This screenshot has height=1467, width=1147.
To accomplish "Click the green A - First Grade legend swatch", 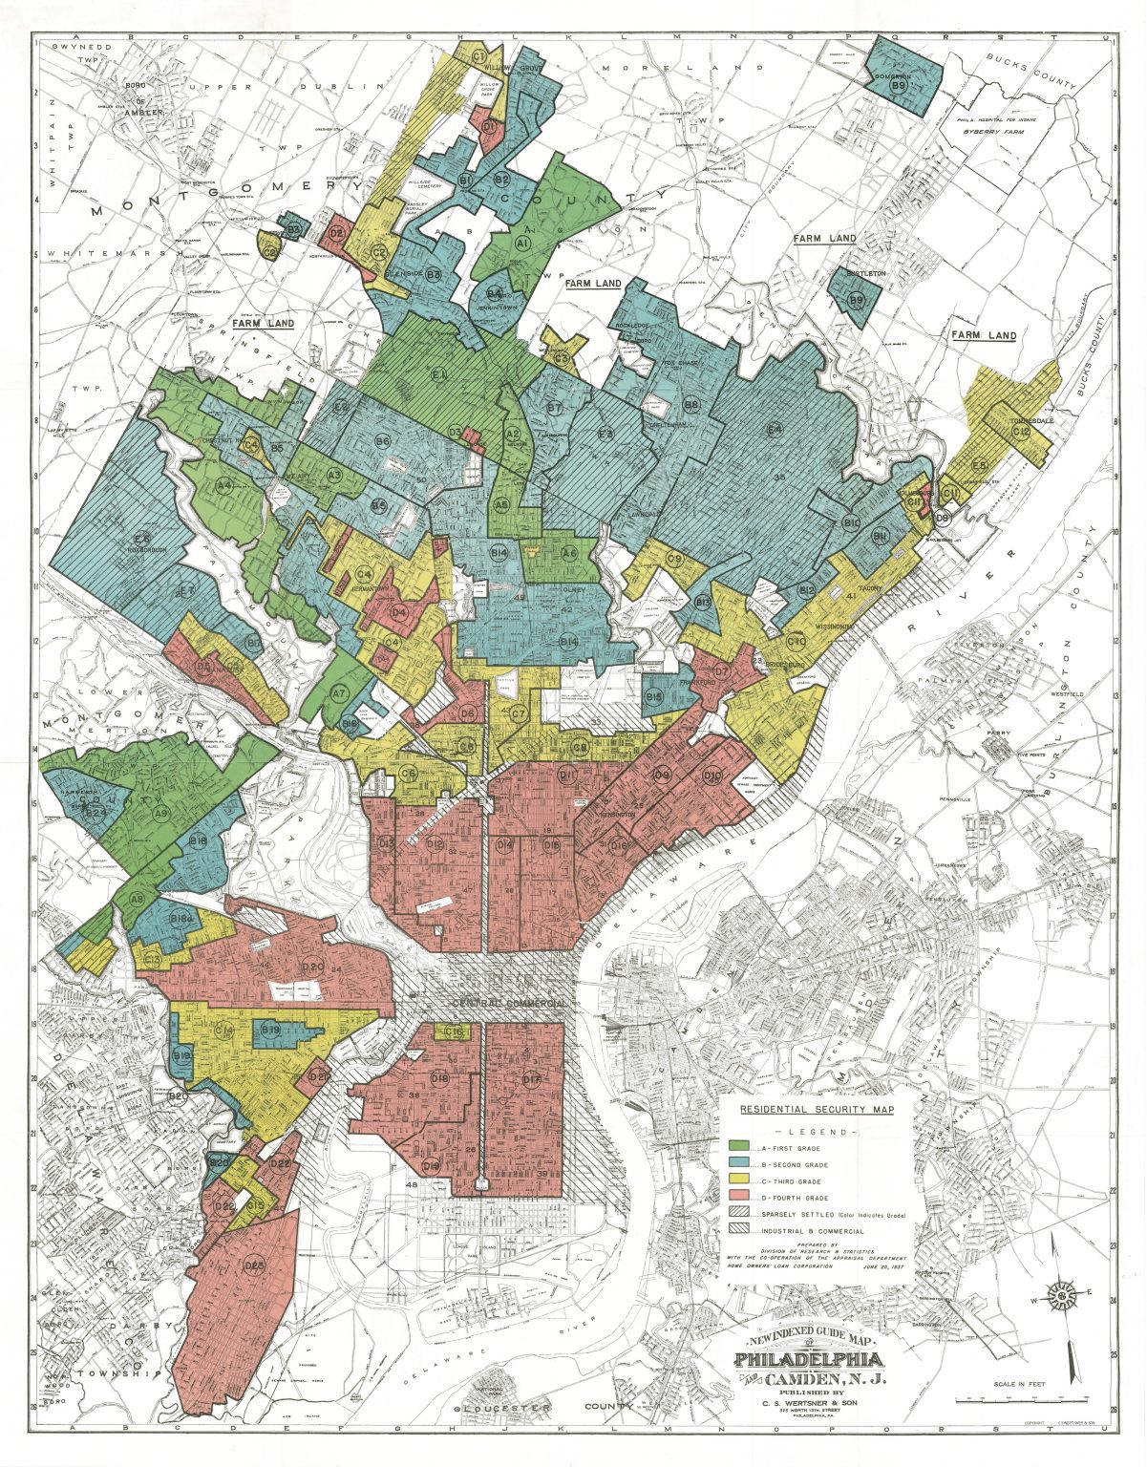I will point(737,1145).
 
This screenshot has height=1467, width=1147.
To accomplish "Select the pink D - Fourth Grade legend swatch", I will point(737,1197).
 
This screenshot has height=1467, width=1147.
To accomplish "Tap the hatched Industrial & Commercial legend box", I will point(737,1230).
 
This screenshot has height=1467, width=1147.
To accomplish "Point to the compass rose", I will point(1061,1296).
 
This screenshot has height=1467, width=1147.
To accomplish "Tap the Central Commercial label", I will point(511,1004).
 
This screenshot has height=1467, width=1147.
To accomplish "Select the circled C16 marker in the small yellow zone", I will point(457,1031).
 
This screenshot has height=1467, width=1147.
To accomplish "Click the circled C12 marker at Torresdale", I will point(1020,432).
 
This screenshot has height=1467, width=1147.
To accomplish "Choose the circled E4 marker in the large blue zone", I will point(775,429).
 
